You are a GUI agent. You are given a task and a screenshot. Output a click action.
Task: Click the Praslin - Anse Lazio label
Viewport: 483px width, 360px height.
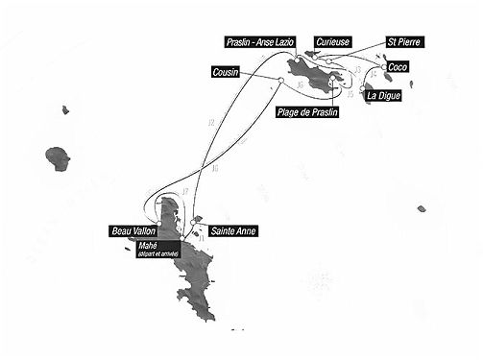[258, 42]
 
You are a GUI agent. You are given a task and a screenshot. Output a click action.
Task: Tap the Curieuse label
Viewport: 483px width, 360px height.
[333, 42]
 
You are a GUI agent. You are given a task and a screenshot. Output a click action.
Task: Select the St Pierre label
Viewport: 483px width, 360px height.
[403, 42]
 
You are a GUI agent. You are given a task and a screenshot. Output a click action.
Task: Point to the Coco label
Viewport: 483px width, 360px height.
[398, 67]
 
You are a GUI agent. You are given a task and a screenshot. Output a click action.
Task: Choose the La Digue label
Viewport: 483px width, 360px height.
[383, 96]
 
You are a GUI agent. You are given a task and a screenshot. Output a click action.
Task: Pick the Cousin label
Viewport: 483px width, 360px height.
[227, 72]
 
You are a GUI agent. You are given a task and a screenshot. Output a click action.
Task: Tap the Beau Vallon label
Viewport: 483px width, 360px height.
[134, 231]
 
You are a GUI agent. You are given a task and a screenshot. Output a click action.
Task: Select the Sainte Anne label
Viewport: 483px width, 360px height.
[233, 231]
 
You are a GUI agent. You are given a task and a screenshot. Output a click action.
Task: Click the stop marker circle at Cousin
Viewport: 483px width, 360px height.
[279, 79]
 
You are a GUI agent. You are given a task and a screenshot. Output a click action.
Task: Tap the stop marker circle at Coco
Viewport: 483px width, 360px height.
[383, 67]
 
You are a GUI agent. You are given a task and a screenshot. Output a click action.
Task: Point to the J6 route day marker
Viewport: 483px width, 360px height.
[301, 85]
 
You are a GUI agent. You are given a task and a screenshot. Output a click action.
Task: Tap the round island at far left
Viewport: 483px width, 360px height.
[58, 156]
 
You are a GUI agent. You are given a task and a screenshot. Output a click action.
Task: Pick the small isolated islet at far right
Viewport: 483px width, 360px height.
[422, 208]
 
